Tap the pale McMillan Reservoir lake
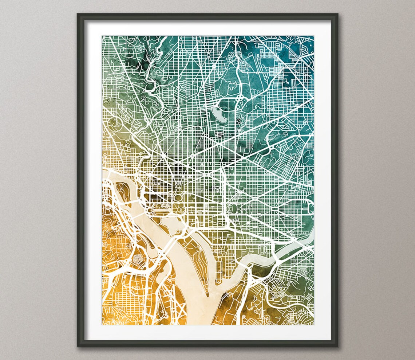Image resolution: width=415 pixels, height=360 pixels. (x=218, y=114)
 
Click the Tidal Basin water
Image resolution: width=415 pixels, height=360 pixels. (x=168, y=221)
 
